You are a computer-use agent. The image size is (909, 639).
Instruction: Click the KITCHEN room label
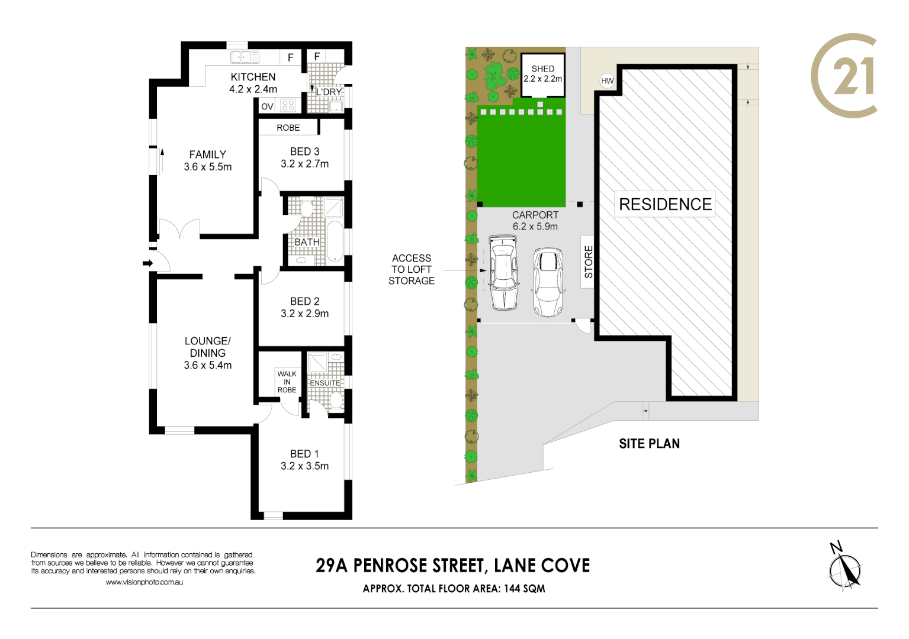(x=253, y=77)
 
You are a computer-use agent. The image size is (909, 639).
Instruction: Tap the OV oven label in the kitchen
(x=267, y=106)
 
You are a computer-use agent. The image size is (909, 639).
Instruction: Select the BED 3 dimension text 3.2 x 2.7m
(x=304, y=164)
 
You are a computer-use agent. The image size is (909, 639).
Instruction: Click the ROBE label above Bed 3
(x=288, y=128)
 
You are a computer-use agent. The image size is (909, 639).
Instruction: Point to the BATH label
(x=307, y=242)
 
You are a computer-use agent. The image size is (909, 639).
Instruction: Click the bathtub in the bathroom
(x=335, y=241)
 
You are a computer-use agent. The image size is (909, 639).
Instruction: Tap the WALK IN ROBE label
(x=287, y=382)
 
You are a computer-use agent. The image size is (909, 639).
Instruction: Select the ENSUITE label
(x=325, y=383)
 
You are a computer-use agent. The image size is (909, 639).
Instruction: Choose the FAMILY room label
(x=207, y=154)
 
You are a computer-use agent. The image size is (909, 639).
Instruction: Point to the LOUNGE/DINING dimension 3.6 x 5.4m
(x=207, y=365)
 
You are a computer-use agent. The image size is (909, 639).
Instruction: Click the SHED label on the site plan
(x=542, y=69)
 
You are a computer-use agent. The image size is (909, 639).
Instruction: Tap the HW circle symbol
(x=608, y=81)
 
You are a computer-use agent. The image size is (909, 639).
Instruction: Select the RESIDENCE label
(x=665, y=204)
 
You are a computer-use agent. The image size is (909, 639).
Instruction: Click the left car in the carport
(x=503, y=272)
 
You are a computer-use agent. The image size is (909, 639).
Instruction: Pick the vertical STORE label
(x=588, y=262)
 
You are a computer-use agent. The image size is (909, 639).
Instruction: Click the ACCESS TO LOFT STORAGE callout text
(x=411, y=269)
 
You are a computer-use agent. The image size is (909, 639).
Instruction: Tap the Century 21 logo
(x=844, y=76)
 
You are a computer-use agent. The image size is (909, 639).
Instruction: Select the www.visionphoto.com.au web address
(x=144, y=582)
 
